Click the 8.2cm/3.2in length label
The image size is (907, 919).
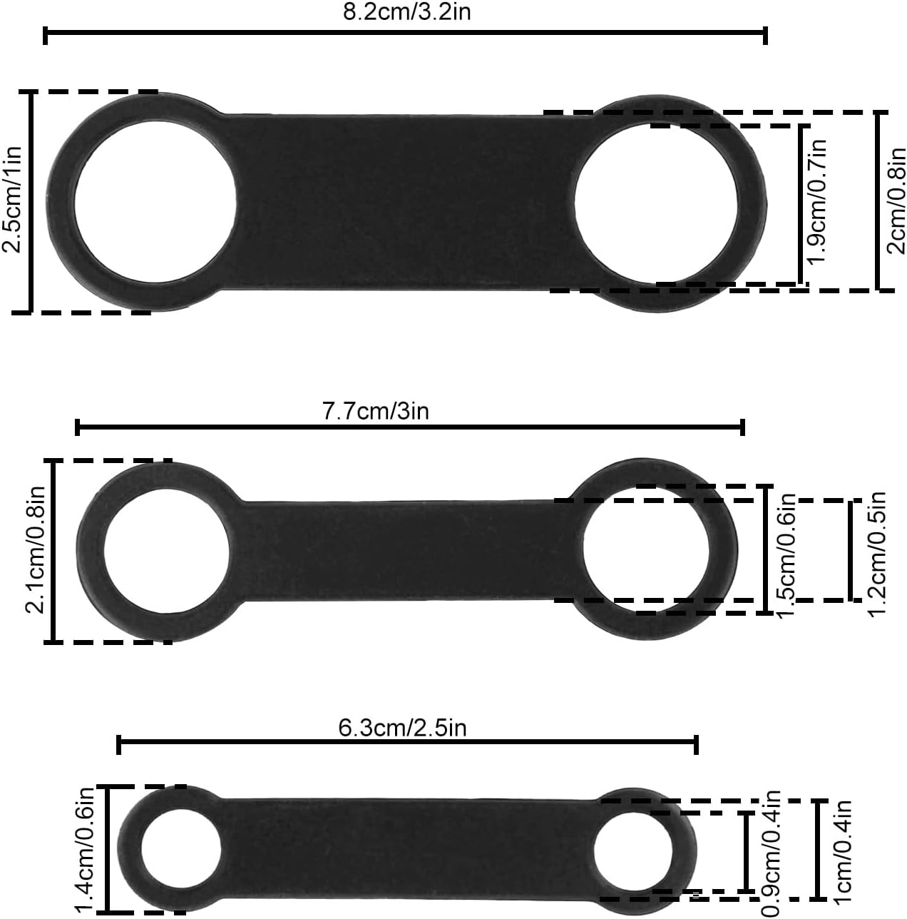coord(406,12)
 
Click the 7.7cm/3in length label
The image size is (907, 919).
coord(376,411)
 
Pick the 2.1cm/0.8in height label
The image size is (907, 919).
coord(36,550)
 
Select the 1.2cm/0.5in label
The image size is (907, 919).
coord(876,554)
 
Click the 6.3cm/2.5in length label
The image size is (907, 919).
coord(403,728)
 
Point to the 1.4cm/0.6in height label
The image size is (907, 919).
coord(86,849)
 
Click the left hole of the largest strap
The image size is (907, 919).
coord(155,202)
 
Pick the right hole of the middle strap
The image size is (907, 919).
coord(646,550)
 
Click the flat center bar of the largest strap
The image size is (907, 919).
coord(403,202)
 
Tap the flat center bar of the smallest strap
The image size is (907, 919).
coord(406,847)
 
